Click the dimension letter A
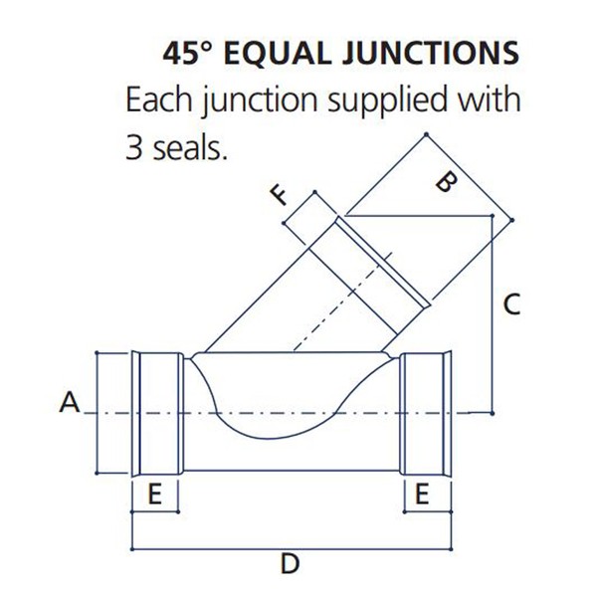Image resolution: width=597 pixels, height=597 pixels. [x=70, y=402]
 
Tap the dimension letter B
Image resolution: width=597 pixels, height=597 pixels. [x=446, y=182]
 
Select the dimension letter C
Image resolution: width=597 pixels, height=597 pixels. [x=511, y=304]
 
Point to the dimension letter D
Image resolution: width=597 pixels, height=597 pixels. [x=291, y=563]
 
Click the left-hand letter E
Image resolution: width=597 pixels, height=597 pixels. [x=154, y=494]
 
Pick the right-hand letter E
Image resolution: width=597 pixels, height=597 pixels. [x=422, y=494]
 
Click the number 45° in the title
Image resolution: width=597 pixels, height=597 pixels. [x=187, y=53]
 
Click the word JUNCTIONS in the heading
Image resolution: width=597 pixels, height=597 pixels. [x=431, y=53]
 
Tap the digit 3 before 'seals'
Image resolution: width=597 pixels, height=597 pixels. [x=133, y=148]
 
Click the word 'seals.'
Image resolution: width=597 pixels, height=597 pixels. [x=190, y=147]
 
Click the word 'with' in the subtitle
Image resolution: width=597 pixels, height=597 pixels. [x=489, y=99]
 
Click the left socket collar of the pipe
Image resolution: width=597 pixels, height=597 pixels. [x=155, y=414]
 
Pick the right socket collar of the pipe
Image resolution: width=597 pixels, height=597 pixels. [x=426, y=413]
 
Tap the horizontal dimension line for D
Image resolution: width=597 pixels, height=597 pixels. [x=292, y=549]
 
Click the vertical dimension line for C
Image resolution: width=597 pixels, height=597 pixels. [x=492, y=314]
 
